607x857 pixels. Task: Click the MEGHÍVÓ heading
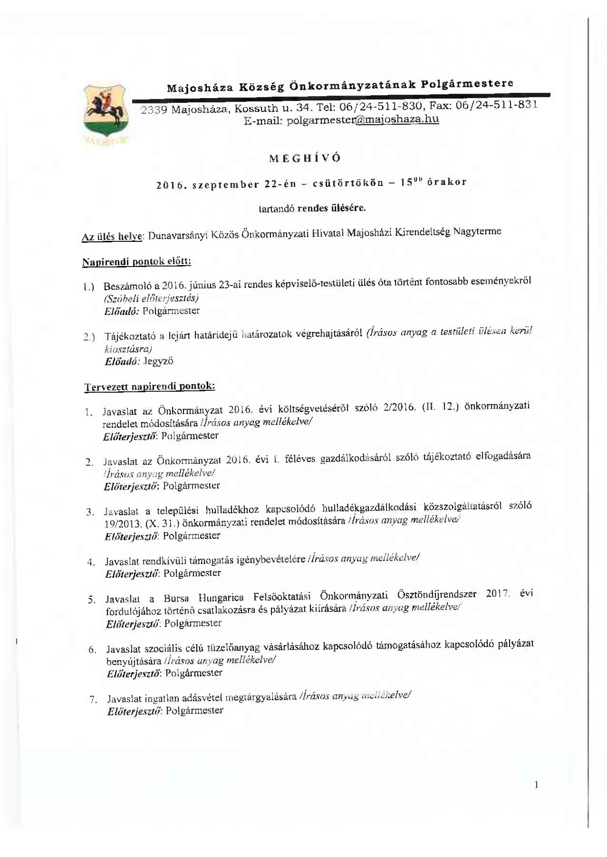click(x=305, y=158)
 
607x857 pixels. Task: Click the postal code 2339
click(x=153, y=110)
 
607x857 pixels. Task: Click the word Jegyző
click(x=158, y=361)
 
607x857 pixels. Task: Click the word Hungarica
click(x=221, y=598)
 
